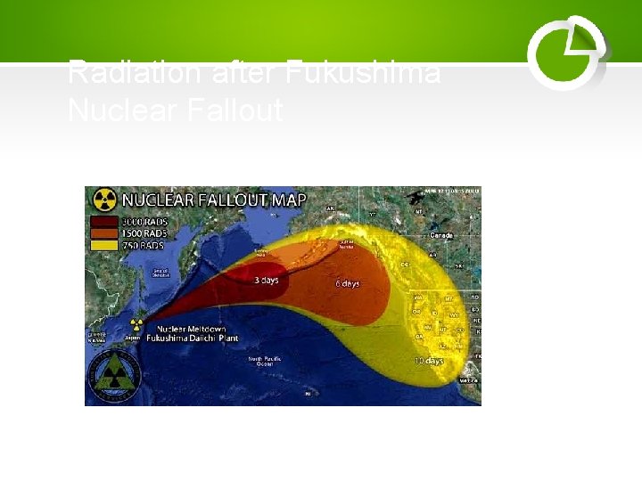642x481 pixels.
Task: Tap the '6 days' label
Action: coord(348,283)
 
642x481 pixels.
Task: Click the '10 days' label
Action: coord(429,362)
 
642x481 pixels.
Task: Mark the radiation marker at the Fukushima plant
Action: coord(137,326)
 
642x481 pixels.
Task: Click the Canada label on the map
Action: coord(441,236)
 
